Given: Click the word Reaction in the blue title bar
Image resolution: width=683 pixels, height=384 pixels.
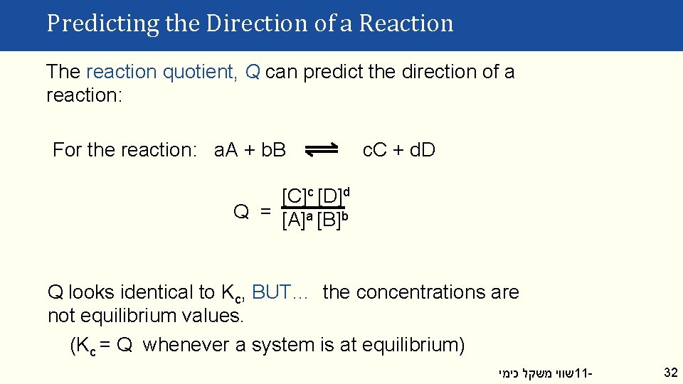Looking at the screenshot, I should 406,23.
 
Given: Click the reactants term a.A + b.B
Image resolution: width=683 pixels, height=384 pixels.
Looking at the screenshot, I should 250,150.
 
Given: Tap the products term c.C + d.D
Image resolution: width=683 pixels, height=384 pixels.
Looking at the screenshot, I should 399,150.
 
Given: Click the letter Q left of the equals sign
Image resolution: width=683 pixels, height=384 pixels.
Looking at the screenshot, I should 241,212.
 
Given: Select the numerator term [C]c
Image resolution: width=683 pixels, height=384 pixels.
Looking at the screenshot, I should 297,196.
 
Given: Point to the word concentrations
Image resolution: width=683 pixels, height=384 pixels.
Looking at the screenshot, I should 419,292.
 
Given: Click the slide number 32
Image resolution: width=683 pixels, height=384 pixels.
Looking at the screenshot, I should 670,372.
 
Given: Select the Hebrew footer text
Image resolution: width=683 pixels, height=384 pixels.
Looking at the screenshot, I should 536,373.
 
